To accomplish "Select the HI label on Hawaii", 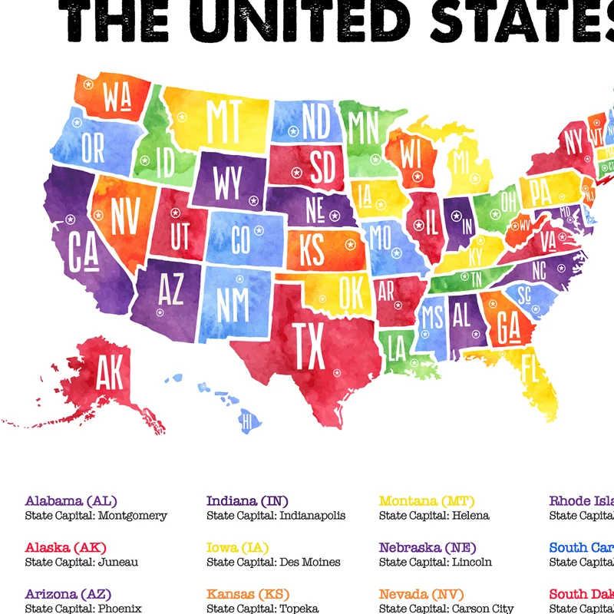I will point(247,420).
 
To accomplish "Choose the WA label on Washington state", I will point(115,98).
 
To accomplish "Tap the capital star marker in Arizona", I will point(160,312).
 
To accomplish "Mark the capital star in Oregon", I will point(76,122).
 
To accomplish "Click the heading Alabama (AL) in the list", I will point(71,501).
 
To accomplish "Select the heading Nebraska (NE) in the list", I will point(427,548).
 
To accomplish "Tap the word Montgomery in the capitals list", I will point(132,516).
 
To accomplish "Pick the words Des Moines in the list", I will point(309,563).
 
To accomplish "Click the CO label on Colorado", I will point(240,241).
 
